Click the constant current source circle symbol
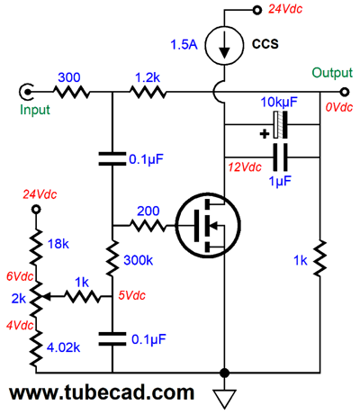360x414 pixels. click(224, 45)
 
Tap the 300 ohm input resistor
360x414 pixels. click(72, 92)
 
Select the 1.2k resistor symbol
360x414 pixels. click(148, 92)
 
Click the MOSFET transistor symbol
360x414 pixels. click(208, 225)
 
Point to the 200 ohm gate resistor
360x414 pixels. click(148, 225)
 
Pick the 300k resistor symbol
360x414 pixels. click(112, 258)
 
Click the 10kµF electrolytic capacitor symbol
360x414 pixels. click(280, 125)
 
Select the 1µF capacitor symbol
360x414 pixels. click(280, 157)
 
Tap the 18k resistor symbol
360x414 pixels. click(36, 247)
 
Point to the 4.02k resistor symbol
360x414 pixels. click(36, 347)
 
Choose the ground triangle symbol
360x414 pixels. click(224, 399)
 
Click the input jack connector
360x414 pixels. click(26, 91)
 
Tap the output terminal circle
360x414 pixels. click(345, 92)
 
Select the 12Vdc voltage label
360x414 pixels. click(245, 166)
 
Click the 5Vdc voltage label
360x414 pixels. click(132, 295)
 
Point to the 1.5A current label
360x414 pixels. click(184, 45)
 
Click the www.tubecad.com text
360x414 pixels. click(102, 392)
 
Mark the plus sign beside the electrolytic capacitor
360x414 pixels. click(265, 134)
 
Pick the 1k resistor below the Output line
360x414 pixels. click(319, 258)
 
